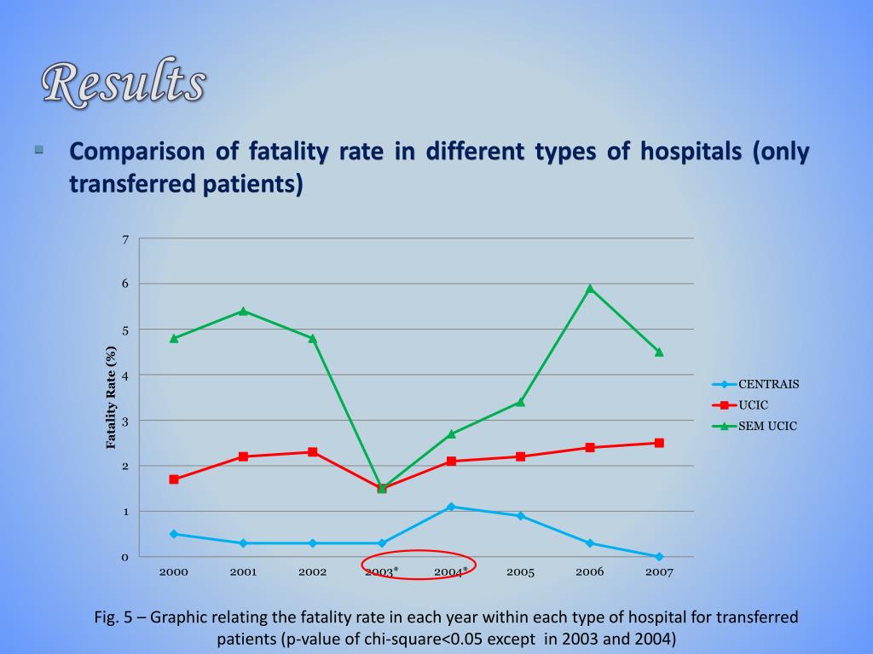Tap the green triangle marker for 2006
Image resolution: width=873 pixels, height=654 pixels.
pos(590,289)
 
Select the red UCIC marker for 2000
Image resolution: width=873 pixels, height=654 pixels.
pos(174,479)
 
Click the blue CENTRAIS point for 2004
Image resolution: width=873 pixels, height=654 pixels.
pos(451,507)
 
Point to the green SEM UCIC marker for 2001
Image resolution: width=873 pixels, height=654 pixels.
pos(243,311)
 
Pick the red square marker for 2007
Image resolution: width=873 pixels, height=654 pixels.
pos(659,443)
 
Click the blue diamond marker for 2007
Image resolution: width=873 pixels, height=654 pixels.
pos(659,557)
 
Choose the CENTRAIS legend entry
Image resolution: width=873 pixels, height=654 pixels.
pos(759,384)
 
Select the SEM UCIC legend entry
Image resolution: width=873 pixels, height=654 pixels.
pos(759,426)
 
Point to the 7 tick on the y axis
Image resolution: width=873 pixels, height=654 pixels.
pos(124,239)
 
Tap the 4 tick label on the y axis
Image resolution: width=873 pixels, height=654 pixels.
pos(124,376)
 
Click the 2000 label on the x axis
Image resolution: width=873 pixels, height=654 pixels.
pos(174,572)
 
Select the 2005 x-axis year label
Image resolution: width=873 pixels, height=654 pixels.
pos(520,572)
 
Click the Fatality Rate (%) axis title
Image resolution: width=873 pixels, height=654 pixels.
pos(111,397)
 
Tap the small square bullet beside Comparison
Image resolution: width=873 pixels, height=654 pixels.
pos(39,150)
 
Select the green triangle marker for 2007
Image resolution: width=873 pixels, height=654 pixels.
pos(659,352)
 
